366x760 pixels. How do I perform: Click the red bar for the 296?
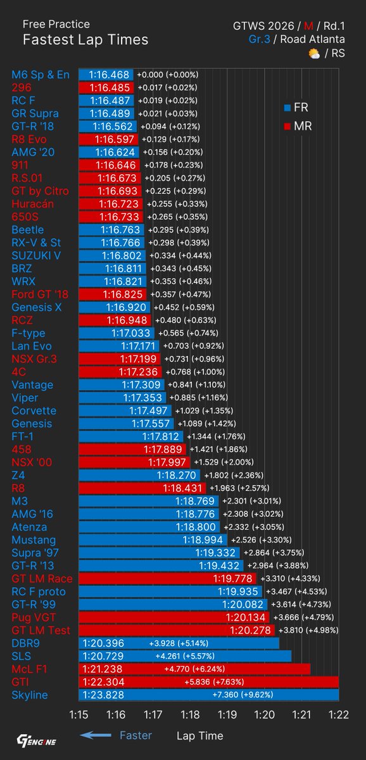pyautogui.click(x=106, y=87)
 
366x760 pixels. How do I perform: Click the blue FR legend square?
pyautogui.click(x=288, y=108)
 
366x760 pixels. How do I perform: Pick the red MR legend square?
pyautogui.click(x=288, y=127)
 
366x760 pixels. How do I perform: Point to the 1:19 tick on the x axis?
pyautogui.click(x=227, y=714)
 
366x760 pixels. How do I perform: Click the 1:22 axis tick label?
pyautogui.click(x=339, y=714)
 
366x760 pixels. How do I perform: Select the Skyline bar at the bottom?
pyautogui.click(x=208, y=695)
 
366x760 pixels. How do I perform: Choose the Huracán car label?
pyautogui.click(x=33, y=204)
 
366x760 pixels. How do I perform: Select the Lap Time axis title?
pyautogui.click(x=199, y=736)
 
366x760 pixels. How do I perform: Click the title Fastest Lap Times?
pyautogui.click(x=85, y=40)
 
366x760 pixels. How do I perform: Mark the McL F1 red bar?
pyautogui.click(x=195, y=669)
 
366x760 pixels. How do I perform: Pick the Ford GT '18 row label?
pyautogui.click(x=40, y=294)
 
